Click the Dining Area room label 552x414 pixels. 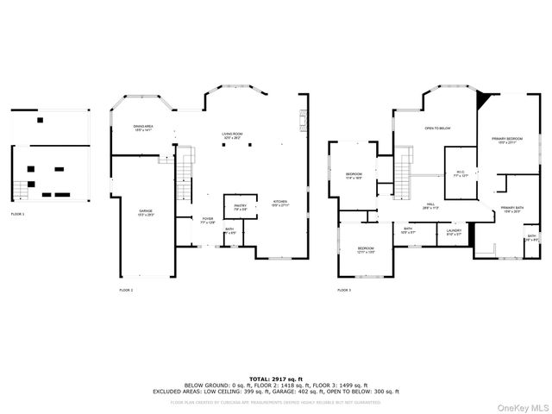(142, 129)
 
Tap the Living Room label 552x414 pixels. (231, 135)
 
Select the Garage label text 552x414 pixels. (147, 212)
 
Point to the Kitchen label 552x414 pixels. (280, 203)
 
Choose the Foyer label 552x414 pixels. (208, 220)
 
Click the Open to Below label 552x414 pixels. (438, 129)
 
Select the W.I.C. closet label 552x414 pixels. (461, 173)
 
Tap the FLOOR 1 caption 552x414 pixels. (18, 213)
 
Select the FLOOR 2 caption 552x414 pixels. (126, 291)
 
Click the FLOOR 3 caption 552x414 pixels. (344, 291)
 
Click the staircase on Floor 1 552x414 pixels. (17, 187)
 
